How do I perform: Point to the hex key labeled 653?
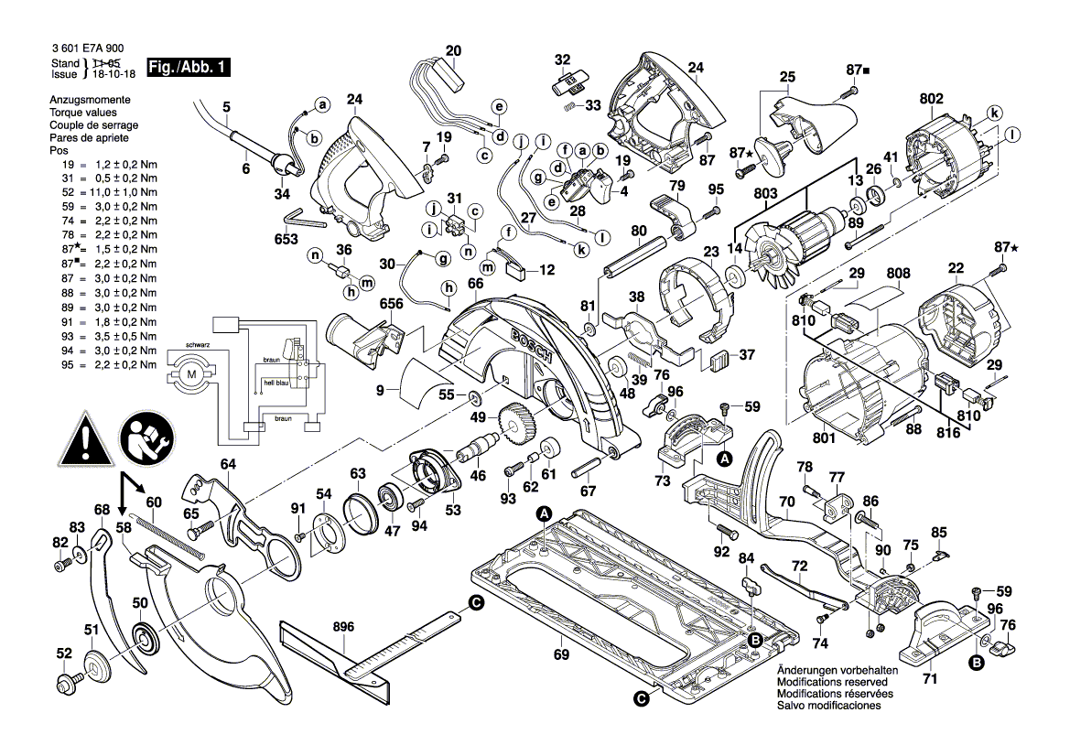[x=303, y=219]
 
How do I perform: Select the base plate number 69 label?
[x=560, y=654]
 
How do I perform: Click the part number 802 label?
[x=931, y=98]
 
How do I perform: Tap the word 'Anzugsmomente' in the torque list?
[x=90, y=99]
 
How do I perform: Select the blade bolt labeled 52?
[x=70, y=682]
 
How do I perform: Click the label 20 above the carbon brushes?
[x=454, y=50]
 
